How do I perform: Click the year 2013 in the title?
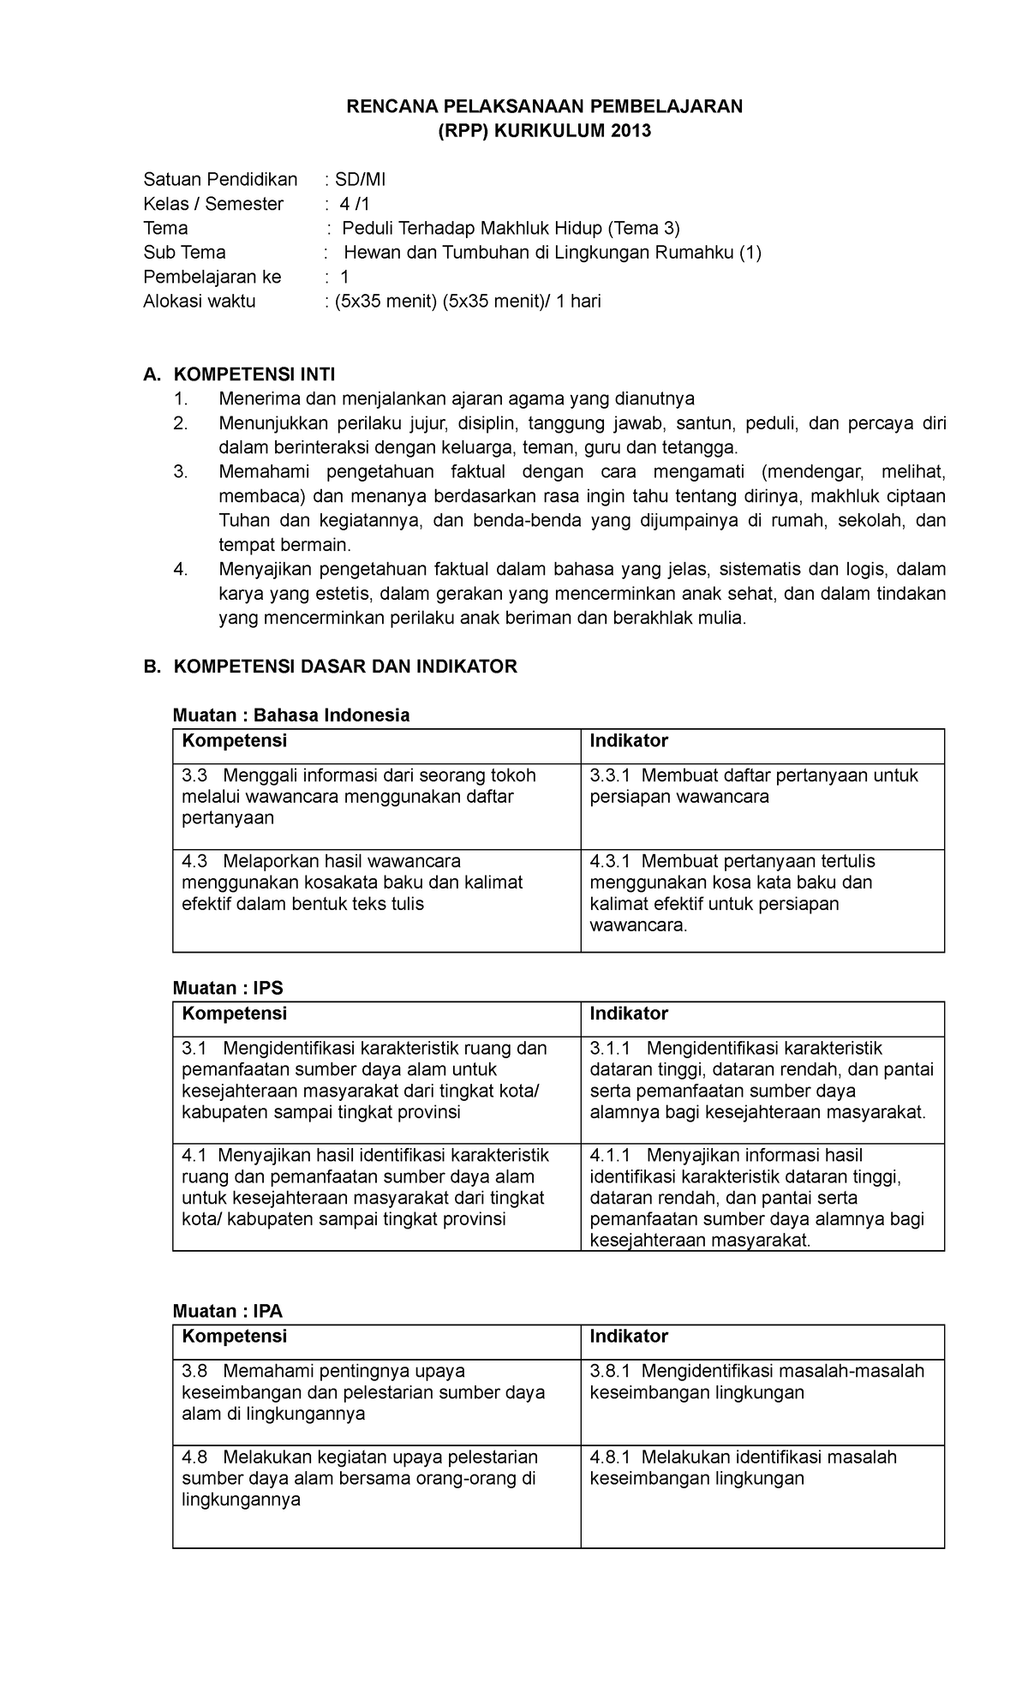point(632,131)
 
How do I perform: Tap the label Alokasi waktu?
point(199,302)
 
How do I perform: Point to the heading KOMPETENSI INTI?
point(254,374)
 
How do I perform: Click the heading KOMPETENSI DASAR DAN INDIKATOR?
point(345,667)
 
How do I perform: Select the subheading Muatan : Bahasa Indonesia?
point(291,715)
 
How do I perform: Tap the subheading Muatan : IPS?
point(228,988)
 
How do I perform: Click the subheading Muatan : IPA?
point(228,1311)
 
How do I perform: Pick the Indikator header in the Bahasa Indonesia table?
point(629,741)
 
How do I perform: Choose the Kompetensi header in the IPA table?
point(234,1337)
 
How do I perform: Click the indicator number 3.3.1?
point(610,776)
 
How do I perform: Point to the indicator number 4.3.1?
point(610,861)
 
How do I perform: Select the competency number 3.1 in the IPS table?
point(195,1049)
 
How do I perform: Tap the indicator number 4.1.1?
point(610,1156)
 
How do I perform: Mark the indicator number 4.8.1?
point(610,1457)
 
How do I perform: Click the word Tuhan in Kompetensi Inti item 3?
point(243,521)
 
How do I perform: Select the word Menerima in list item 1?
point(254,399)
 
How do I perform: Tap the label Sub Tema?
point(184,253)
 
